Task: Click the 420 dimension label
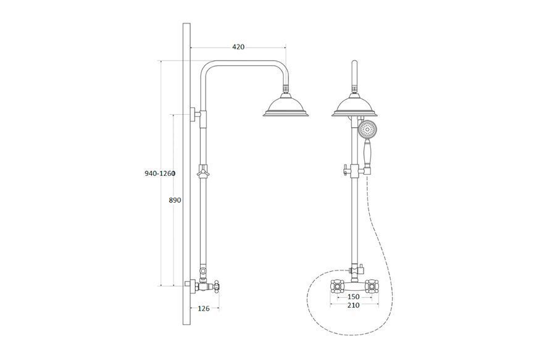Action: (238, 47)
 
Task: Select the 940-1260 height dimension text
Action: (160, 174)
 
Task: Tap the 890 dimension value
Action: (175, 200)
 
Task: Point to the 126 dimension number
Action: (204, 309)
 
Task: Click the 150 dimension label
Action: (354, 296)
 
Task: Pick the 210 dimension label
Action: (354, 305)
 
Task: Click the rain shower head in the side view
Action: (286, 106)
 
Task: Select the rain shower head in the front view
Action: (354, 106)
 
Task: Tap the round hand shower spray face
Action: (367, 130)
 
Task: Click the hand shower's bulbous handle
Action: (367, 153)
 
